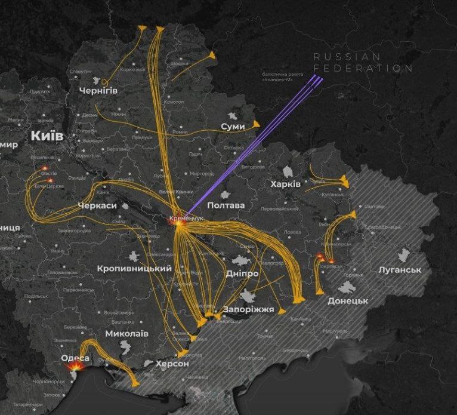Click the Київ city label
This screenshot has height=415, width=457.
(47, 136)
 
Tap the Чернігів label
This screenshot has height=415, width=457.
(98, 90)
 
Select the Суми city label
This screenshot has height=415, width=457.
(233, 127)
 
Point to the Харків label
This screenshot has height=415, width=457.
(286, 184)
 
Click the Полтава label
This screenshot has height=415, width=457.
(226, 205)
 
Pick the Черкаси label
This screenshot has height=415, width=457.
(97, 206)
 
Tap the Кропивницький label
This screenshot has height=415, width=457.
(134, 269)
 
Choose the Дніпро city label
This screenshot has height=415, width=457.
(242, 273)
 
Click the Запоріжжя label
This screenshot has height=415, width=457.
(248, 310)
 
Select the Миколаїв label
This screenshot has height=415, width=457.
(126, 333)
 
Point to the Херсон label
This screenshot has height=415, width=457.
(172, 364)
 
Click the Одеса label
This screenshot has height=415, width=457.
(75, 358)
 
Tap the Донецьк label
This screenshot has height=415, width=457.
(348, 301)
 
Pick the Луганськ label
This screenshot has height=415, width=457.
(400, 270)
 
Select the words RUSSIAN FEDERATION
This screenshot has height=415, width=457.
(363, 62)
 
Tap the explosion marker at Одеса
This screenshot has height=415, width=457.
(77, 370)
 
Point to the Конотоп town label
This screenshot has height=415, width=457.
(174, 102)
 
